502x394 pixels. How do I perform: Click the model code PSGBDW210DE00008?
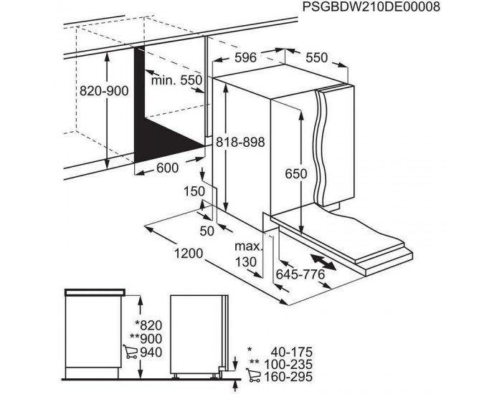tap(371, 6)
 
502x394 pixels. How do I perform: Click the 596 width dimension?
tap(245, 57)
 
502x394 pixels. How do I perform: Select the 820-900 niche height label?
tap(104, 91)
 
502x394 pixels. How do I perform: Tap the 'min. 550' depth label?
tap(176, 80)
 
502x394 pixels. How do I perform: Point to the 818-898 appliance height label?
tap(240, 142)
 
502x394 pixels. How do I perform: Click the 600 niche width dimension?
tap(167, 168)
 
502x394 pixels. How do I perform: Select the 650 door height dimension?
tap(295, 174)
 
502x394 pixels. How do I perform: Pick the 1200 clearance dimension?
tap(189, 254)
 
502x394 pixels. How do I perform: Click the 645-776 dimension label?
tap(300, 274)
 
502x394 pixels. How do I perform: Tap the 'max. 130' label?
tap(248, 254)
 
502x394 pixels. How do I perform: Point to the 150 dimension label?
tap(194, 191)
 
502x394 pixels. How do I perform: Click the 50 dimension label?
tap(207, 231)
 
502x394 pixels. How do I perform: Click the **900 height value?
tap(146, 339)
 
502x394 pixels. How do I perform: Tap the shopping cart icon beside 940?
tap(131, 352)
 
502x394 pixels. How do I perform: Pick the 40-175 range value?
tap(291, 352)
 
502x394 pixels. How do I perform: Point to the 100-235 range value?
tap(288, 364)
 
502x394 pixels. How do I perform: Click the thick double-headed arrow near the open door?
tap(323, 262)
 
